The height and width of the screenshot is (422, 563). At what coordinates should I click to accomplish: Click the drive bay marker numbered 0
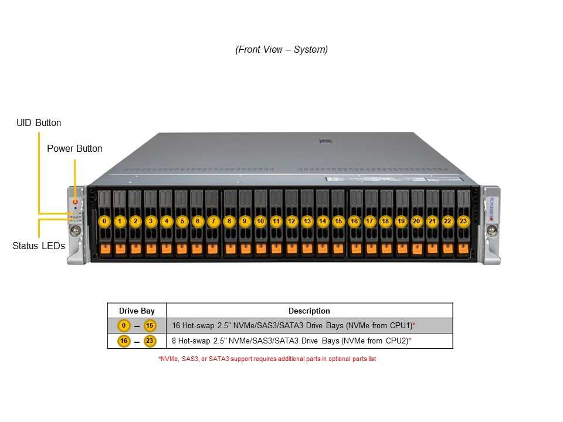[104, 221]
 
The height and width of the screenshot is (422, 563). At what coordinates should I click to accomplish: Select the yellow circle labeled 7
[213, 221]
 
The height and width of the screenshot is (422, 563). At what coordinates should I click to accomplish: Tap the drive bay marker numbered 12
[291, 221]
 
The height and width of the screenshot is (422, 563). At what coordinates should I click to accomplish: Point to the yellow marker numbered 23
[463, 221]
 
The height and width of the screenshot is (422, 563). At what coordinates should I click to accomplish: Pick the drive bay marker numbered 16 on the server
[354, 221]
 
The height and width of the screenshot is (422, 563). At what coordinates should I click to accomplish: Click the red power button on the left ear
[76, 202]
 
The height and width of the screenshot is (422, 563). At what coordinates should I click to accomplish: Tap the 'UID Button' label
[39, 122]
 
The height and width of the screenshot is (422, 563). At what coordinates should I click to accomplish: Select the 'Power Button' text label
[74, 148]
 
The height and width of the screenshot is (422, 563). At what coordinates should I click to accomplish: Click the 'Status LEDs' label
[39, 246]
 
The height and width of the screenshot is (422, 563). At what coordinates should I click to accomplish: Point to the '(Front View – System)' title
[281, 49]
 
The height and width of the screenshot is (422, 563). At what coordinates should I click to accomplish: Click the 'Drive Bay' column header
[137, 311]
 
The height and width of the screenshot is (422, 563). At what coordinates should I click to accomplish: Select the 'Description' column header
[309, 311]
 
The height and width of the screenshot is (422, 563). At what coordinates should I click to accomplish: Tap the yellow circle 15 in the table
[150, 325]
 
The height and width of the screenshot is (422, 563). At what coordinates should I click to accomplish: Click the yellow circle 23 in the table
[150, 341]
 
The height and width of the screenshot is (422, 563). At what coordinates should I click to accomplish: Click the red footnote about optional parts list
[267, 359]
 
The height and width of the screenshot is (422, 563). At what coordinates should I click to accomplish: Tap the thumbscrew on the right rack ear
[492, 230]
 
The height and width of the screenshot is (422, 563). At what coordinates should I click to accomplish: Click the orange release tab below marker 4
[166, 249]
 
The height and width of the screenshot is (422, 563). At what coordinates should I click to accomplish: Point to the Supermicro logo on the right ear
[492, 208]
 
